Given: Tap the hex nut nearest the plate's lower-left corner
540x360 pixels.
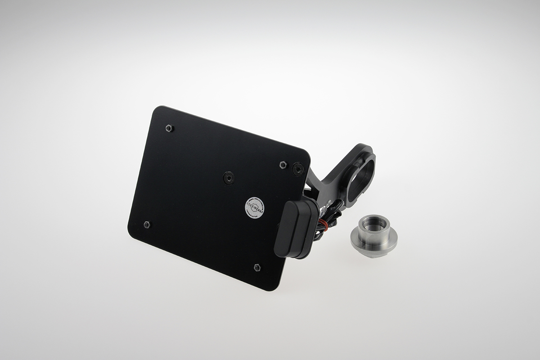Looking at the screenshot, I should point(147,224).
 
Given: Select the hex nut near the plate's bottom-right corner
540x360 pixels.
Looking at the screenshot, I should point(257,267).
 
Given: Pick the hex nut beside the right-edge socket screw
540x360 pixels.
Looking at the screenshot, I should point(283,165).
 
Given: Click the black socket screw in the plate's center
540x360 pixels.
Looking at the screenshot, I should point(229,178).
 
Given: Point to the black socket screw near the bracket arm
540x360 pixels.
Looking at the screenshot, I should point(298,169).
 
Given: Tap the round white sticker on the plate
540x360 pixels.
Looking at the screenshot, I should point(254,207).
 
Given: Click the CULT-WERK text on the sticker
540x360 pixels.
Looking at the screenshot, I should point(254,206).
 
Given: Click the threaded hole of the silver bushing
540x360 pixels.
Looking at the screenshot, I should point(373,224).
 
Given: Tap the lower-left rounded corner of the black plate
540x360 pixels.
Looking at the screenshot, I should point(131,227).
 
